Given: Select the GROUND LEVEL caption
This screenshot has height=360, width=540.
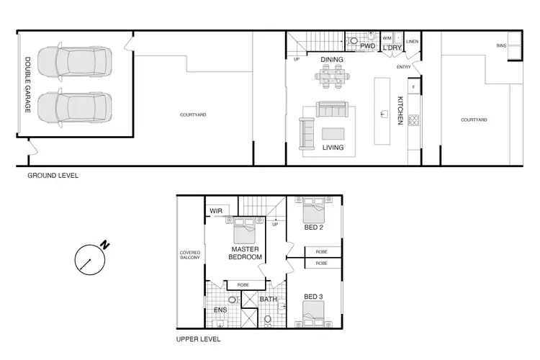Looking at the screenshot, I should tap(53, 176).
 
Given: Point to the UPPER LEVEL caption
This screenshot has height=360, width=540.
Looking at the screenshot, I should tap(198, 338).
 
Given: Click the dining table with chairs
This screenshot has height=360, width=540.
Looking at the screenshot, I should tap(333, 74).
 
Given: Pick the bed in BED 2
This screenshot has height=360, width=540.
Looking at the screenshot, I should tap(314, 211).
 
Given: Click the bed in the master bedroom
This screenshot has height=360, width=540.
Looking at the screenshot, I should tap(245, 231).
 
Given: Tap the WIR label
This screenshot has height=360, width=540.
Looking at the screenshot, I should tap(215, 210).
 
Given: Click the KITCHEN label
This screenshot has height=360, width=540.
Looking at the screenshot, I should tap(400, 111).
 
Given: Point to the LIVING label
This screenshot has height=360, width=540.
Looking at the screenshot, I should tap(333, 148).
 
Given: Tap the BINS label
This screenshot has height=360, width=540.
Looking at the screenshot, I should tap(500, 45).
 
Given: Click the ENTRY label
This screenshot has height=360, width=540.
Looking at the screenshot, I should tap(404, 67).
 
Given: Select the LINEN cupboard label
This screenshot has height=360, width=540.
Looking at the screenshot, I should tap(412, 42).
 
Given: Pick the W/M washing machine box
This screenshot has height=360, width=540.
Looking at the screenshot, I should tap(387, 37).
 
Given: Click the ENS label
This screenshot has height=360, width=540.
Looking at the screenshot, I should tap(220, 311).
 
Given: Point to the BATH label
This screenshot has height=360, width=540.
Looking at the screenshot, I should tap(268, 299).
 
